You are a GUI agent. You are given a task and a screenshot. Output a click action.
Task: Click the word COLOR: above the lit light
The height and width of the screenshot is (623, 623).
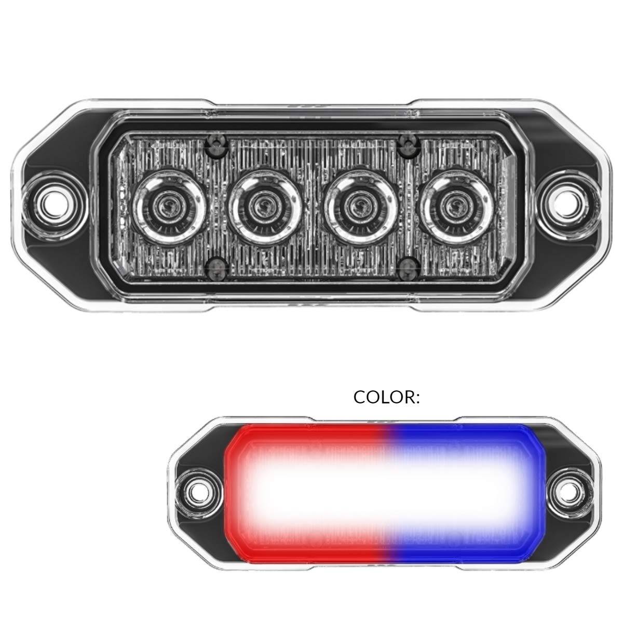point(386,397)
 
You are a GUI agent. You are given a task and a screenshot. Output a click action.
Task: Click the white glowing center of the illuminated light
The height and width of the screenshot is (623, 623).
point(384,488)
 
